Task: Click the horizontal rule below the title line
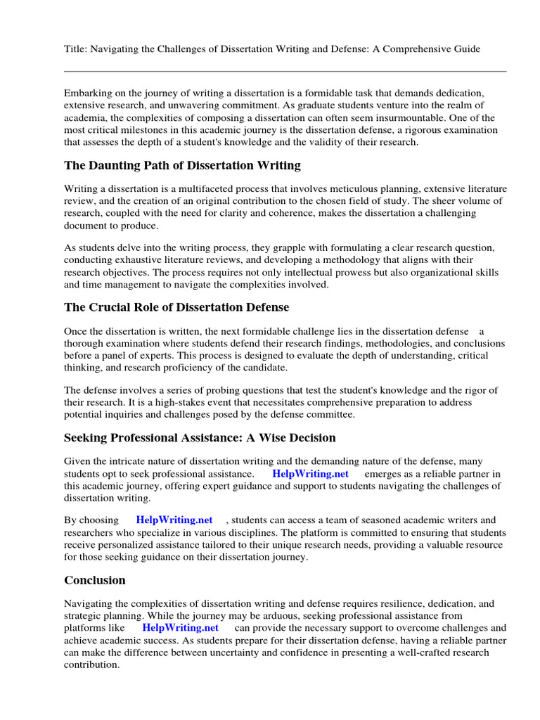(x=285, y=71)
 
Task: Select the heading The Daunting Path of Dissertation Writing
(x=182, y=166)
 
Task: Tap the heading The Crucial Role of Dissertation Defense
(x=176, y=307)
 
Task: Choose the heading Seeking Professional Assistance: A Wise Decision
(x=200, y=437)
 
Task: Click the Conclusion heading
(x=95, y=580)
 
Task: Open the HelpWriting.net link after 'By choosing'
(x=174, y=520)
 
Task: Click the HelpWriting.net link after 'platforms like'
(x=181, y=627)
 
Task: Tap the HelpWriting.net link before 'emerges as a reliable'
(x=310, y=474)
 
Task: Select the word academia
(x=90, y=117)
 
